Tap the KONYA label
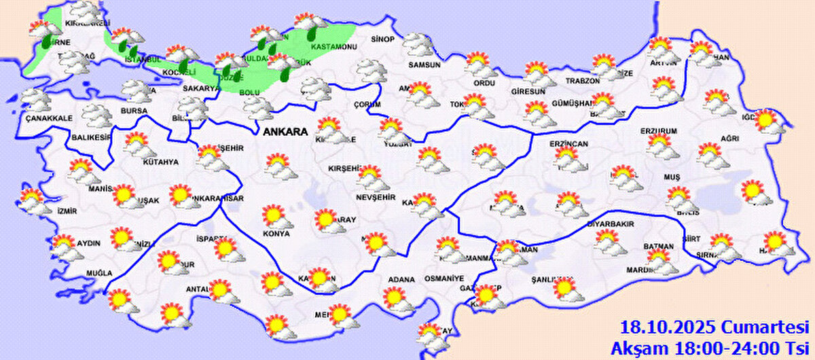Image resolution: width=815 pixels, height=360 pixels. (276, 234)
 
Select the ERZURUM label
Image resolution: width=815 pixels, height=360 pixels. (659, 130)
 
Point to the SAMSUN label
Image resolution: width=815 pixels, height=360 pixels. (424, 65)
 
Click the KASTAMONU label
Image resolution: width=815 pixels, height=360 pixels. (333, 47)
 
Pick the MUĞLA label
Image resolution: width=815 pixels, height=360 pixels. (98, 273)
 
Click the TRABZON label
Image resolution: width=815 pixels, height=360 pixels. (582, 81)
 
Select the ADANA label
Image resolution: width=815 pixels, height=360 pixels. (401, 278)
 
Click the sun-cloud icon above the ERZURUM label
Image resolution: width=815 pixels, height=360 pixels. (659, 145)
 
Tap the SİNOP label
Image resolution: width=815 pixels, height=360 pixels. (382, 39)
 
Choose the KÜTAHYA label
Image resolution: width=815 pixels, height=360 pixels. (160, 162)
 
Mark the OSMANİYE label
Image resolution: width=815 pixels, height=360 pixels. (443, 278)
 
